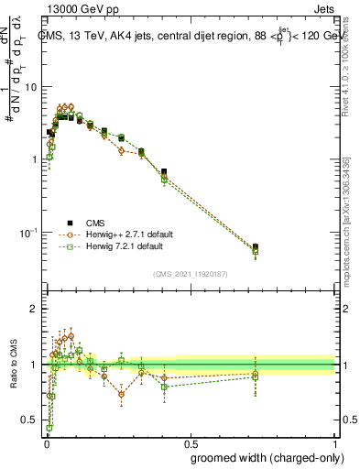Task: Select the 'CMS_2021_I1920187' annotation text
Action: (190, 274)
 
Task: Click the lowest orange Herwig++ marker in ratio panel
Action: (121, 395)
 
